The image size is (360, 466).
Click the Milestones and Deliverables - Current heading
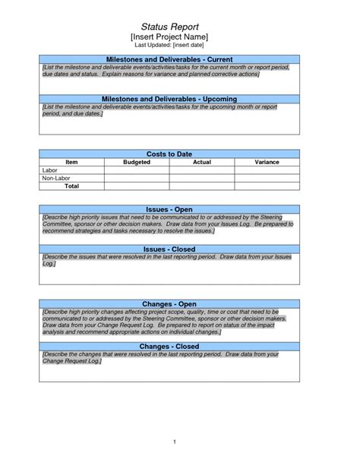coord(169,59)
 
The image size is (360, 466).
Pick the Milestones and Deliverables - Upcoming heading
coord(169,99)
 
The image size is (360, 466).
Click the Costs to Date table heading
coord(169,154)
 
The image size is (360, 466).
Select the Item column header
coord(71,163)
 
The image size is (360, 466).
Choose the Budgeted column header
coord(137,163)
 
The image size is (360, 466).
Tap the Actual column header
coord(201,163)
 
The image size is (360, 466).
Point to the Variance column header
coord(267,163)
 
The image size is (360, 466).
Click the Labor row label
coord(49,170)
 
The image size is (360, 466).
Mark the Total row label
coord(71,185)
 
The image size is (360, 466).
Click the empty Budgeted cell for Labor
coord(137,170)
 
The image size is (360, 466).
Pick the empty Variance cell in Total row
coord(267,185)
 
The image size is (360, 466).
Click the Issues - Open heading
coord(169,209)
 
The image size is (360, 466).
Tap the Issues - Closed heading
coord(169,249)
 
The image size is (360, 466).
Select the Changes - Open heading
coord(169,304)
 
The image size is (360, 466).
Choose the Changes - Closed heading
coord(169,347)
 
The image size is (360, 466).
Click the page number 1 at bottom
coord(175,441)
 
